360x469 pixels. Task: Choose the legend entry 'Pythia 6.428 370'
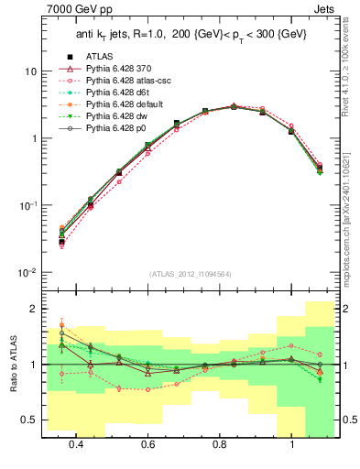coord(109,68)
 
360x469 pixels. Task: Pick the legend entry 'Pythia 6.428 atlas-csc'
coord(117,80)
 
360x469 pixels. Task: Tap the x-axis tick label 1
coord(292,443)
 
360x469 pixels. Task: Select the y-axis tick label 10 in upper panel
coord(31,71)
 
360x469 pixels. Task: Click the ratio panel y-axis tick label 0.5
coord(29,420)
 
